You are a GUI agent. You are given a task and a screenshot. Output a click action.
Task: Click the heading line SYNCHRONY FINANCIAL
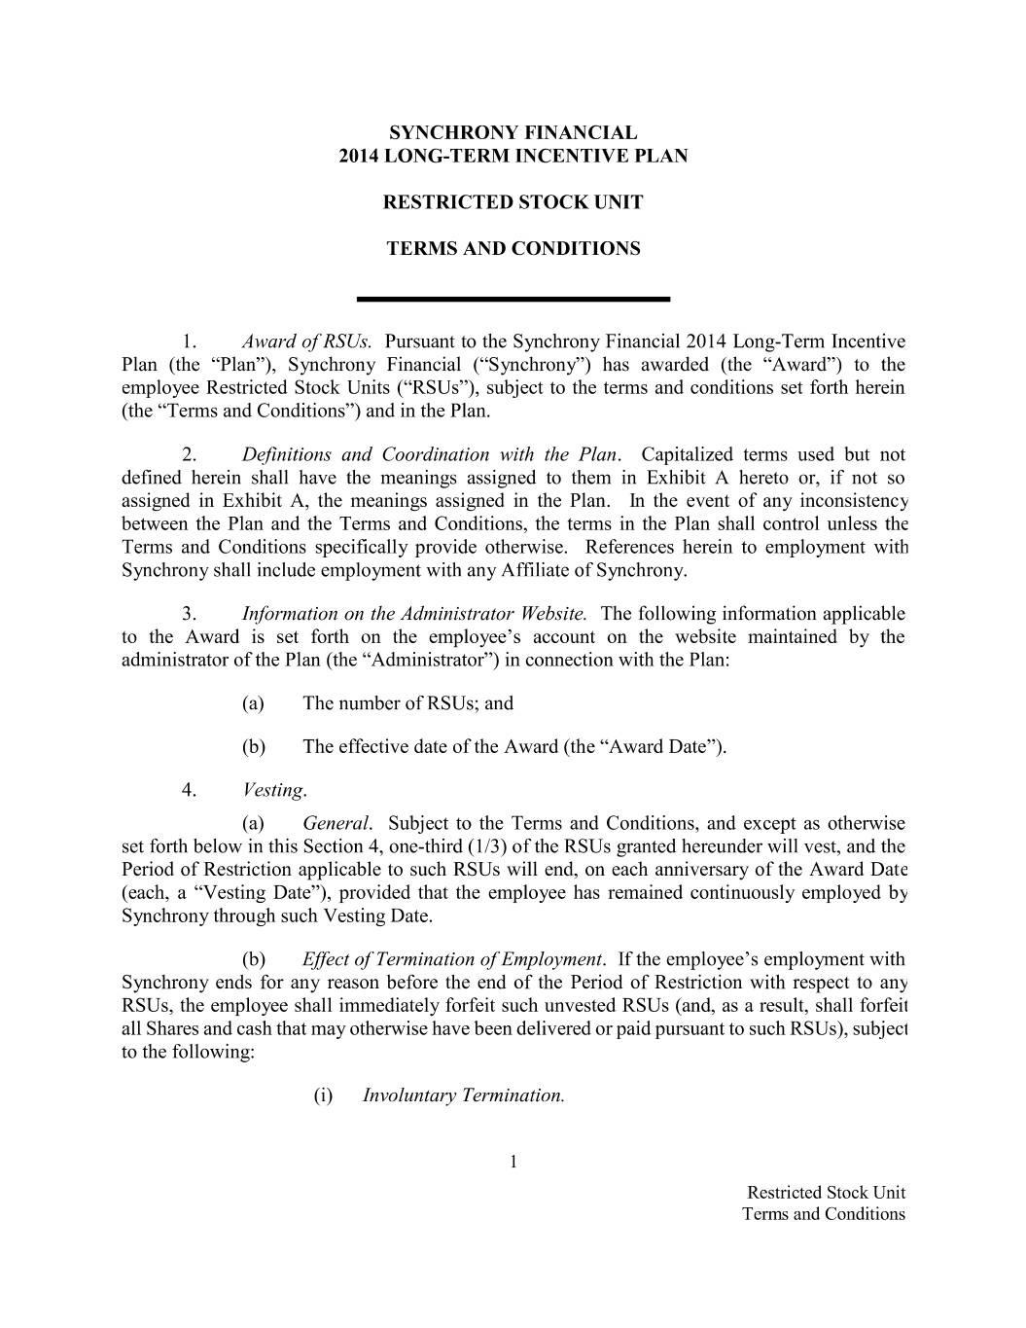point(513,132)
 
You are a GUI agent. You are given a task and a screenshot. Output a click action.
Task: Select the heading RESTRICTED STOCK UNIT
point(513,202)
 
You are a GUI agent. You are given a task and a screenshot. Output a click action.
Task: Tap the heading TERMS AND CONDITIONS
point(513,248)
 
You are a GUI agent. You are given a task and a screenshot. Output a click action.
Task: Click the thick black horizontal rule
point(513,298)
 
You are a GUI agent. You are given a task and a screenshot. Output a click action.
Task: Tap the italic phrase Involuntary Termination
point(463,1095)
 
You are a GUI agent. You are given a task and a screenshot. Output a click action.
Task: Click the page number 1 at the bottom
point(513,1162)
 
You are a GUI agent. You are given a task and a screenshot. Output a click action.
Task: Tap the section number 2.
point(191,454)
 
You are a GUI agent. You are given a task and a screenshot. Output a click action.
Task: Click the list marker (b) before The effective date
point(253,747)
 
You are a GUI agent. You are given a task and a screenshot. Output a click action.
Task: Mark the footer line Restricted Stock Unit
point(825,1193)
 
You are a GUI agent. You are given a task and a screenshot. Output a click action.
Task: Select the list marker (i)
point(323,1095)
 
